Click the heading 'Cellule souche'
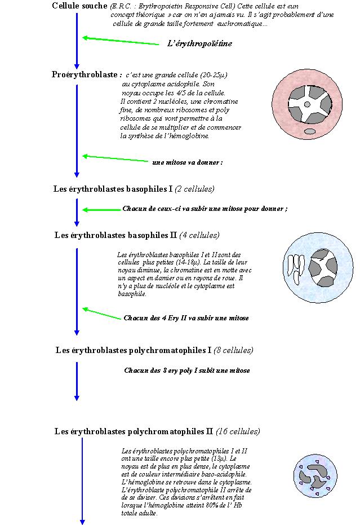[79, 6]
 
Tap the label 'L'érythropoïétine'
[199, 43]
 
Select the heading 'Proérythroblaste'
[86, 74]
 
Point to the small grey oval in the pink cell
[310, 131]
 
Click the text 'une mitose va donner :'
[187, 162]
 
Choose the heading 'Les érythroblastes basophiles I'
[113, 189]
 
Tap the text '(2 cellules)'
[195, 189]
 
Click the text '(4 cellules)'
[199, 235]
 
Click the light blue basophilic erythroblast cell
[312, 267]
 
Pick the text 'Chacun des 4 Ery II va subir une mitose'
[186, 318]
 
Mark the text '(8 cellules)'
[233, 350]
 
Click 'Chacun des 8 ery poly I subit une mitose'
[186, 370]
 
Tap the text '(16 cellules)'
[238, 431]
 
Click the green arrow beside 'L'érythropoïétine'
[121, 41]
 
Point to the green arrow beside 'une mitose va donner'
[115, 158]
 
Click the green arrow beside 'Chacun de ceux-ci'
[101, 210]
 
